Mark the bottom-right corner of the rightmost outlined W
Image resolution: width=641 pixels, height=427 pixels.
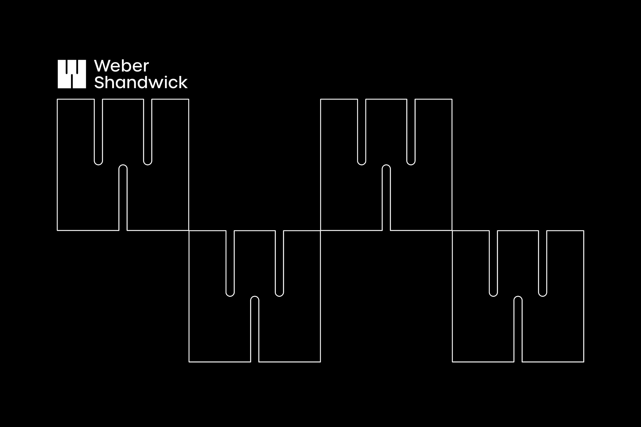pyautogui.click(x=584, y=362)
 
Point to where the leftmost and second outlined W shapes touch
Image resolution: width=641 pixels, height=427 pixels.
pyautogui.click(x=189, y=231)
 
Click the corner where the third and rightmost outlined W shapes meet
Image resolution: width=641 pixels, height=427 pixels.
pyautogui.click(x=452, y=231)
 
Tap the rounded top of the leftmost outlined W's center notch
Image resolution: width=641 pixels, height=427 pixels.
pyautogui.click(x=123, y=165)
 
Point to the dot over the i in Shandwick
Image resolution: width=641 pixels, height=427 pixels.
pyautogui.click(x=166, y=76)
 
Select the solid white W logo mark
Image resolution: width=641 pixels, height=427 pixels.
pyautogui.click(x=72, y=74)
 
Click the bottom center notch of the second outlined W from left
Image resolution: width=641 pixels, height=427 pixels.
pyautogui.click(x=254, y=329)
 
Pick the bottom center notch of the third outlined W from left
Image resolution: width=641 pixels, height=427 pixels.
pyautogui.click(x=386, y=198)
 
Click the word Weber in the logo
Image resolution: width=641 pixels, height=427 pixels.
pyautogui.click(x=122, y=66)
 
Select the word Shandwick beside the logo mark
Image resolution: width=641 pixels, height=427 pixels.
pyautogui.click(x=141, y=82)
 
